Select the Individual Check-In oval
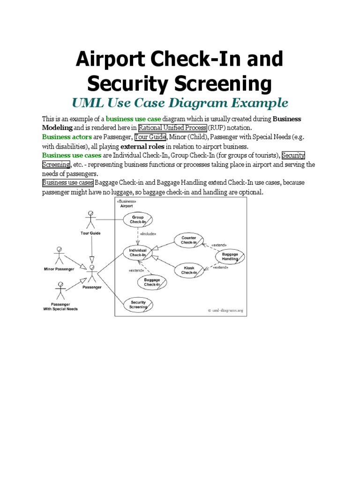[138, 253]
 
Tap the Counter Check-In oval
[189, 240]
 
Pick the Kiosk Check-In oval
[189, 270]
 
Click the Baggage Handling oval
[230, 256]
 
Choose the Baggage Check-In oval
[152, 282]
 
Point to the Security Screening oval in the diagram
[138, 305]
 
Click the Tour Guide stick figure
[91, 221]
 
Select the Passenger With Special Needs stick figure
[60, 291]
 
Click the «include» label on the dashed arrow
[148, 233]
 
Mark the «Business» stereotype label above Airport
[127, 201]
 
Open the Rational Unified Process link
[172, 127]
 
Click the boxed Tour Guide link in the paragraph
[150, 137]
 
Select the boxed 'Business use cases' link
[68, 183]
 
